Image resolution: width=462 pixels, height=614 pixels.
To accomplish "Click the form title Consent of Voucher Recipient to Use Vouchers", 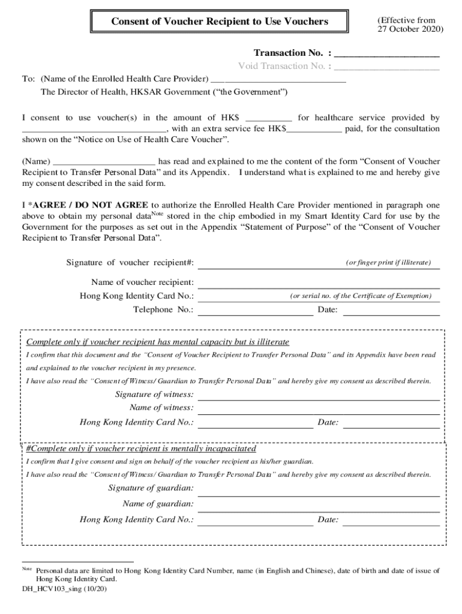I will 220,22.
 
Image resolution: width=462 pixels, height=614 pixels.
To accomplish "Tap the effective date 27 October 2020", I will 410,29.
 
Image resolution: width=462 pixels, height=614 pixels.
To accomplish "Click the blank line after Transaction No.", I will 386,55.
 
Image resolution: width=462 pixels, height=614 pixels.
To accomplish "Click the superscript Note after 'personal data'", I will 157,213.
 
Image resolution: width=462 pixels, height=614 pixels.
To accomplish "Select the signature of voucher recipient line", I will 318,267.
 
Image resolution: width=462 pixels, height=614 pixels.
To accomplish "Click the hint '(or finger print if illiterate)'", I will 388,263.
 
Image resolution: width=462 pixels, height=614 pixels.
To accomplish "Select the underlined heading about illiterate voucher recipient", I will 158,342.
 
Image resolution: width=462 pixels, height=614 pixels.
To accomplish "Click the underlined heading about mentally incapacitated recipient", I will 142,449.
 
